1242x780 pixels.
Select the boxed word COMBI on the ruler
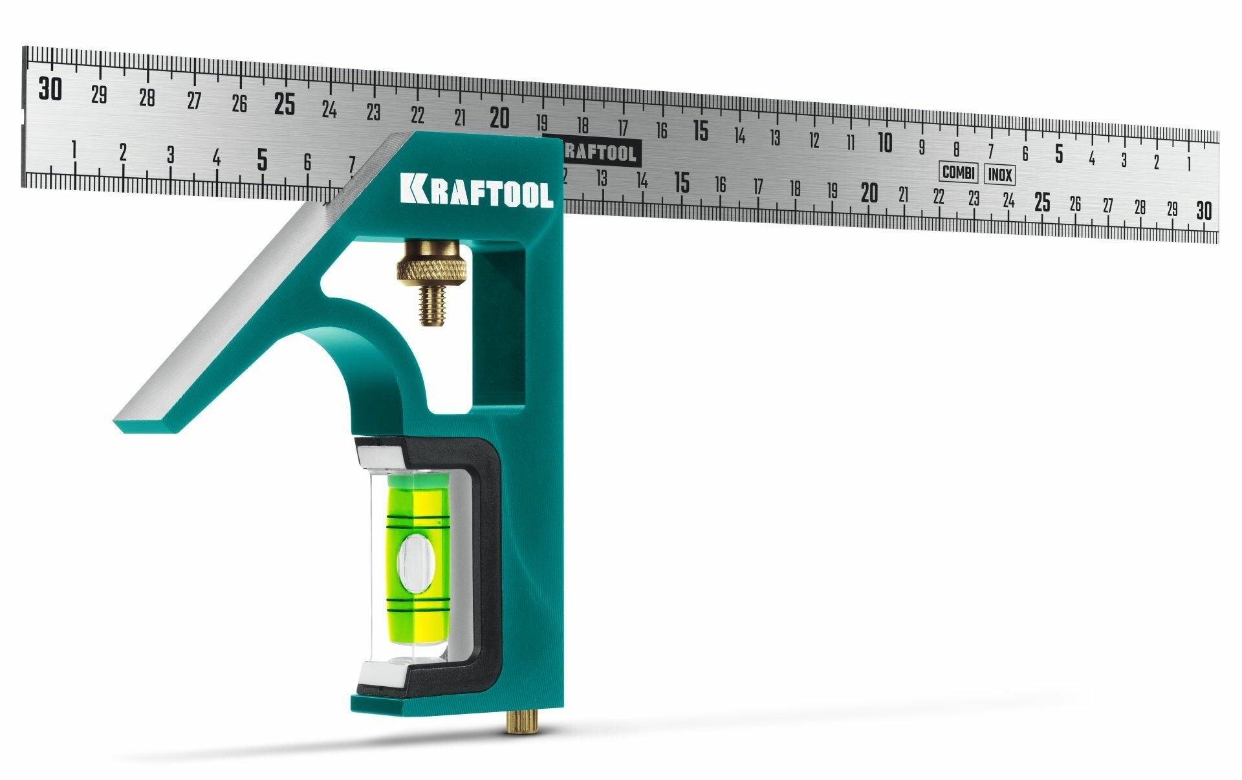[x=958, y=173]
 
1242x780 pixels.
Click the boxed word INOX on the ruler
[x=1000, y=175]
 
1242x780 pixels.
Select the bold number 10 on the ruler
[x=885, y=142]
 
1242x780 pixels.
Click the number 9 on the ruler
[x=922, y=147]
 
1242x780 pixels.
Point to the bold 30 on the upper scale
[x=50, y=89]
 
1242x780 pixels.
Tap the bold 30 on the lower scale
[x=1204, y=211]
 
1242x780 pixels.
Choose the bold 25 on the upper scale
[x=284, y=103]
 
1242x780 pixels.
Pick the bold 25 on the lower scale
[x=1041, y=202]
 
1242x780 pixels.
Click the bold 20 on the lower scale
[x=869, y=193]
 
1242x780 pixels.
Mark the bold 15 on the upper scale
[x=701, y=131]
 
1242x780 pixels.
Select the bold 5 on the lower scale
[x=262, y=159]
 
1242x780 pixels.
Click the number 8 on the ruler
[x=956, y=149]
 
